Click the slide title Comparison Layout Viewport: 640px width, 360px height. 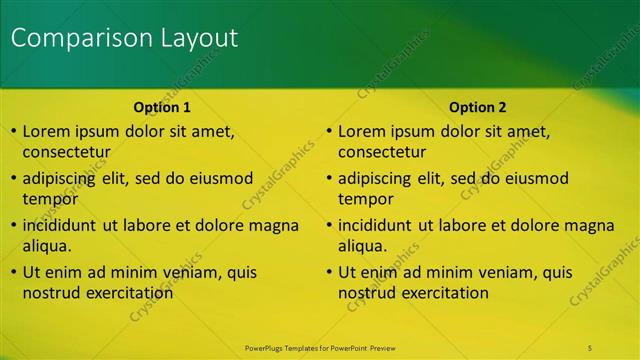click(125, 38)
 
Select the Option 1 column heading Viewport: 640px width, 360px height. click(162, 107)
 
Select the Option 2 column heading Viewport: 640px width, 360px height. click(477, 107)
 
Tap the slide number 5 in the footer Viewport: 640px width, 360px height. click(591, 347)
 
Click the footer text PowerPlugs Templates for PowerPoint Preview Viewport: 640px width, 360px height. click(320, 347)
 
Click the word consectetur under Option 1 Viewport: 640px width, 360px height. click(66, 152)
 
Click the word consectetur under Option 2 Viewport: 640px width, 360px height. click(381, 152)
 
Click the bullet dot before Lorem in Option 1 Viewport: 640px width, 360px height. click(13, 132)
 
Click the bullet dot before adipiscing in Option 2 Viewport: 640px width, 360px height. click(329, 179)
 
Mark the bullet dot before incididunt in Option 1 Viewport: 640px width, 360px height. click(13, 226)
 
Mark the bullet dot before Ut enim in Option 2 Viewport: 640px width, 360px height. click(329, 273)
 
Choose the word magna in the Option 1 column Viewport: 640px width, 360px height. click(274, 225)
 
